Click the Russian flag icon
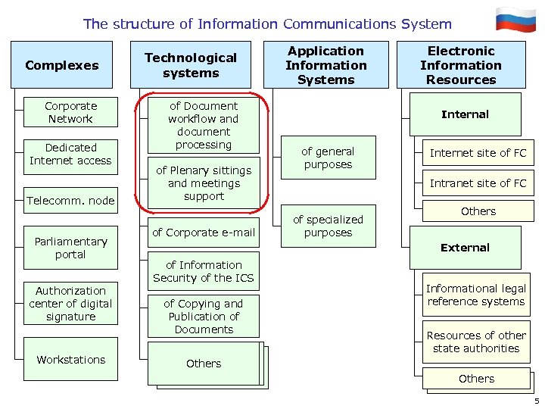click(515, 20)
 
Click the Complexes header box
click(62, 65)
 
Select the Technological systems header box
click(191, 65)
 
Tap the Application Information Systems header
click(325, 65)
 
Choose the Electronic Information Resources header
click(461, 65)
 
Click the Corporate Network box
click(70, 113)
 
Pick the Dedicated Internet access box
click(70, 154)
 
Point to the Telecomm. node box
click(70, 201)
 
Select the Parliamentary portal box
click(70, 248)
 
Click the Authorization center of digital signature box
click(70, 304)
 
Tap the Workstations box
click(70, 359)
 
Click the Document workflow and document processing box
click(203, 125)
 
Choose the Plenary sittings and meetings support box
click(203, 183)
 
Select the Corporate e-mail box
click(203, 233)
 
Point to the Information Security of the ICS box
click(203, 271)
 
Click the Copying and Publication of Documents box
click(203, 316)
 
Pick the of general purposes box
click(327, 158)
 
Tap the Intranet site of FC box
click(478, 183)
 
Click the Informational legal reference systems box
click(475, 295)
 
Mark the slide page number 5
click(536, 401)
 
